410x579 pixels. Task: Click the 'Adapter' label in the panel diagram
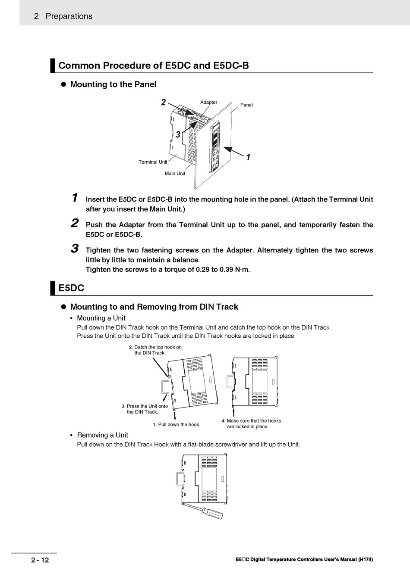click(x=208, y=103)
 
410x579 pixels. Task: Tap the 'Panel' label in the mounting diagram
click(x=246, y=105)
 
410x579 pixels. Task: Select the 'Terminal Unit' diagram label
click(x=153, y=162)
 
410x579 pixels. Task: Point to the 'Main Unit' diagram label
click(x=175, y=174)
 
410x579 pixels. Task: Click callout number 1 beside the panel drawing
click(x=248, y=157)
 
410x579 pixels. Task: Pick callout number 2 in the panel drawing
click(x=163, y=103)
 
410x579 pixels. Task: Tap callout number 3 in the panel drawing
click(x=178, y=135)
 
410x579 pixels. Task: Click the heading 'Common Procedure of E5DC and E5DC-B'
click(x=154, y=66)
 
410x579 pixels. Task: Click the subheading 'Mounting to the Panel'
click(x=113, y=84)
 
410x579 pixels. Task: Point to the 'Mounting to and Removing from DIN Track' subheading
click(x=154, y=307)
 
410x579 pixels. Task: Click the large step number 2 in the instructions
click(x=75, y=224)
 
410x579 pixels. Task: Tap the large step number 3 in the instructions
click(x=75, y=249)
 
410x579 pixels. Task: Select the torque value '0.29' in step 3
click(x=203, y=270)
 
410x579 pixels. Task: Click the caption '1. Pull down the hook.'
click(x=177, y=425)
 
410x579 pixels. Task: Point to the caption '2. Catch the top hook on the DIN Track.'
click(x=158, y=350)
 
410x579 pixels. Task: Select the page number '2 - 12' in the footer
click(x=40, y=560)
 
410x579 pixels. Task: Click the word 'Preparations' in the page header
click(x=69, y=16)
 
